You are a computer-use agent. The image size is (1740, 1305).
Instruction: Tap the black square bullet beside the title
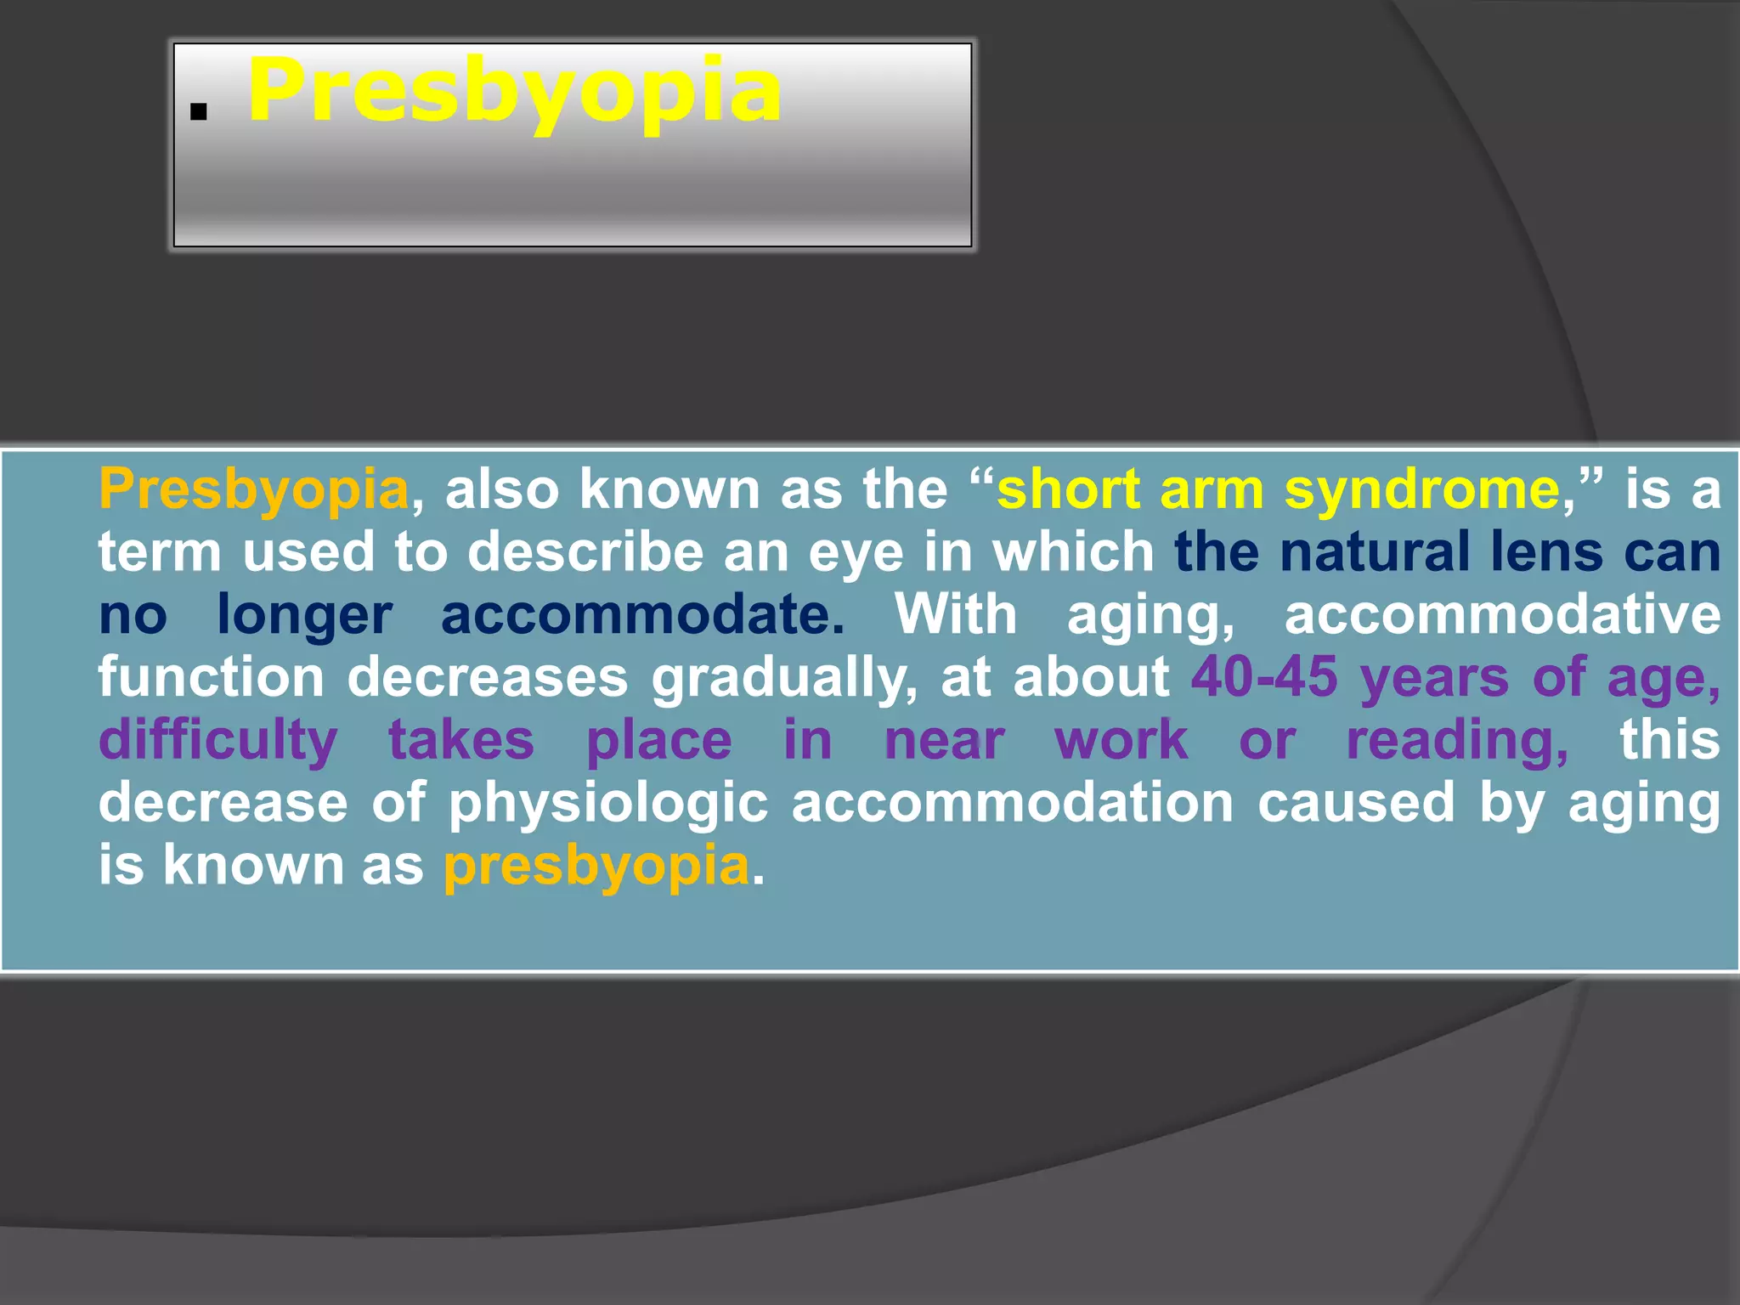[x=199, y=112]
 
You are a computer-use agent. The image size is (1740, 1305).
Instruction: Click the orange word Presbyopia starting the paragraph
[x=254, y=490]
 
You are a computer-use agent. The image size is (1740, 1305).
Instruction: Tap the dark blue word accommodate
[x=642, y=615]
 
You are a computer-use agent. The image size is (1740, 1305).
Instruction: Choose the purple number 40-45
[x=1264, y=678]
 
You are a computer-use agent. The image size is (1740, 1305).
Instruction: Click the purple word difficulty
[x=218, y=741]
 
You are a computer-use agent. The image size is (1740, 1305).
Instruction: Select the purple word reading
[x=1457, y=741]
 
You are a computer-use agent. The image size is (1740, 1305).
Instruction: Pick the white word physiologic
[x=608, y=803]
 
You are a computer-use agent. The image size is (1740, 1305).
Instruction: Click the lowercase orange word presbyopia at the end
[x=596, y=866]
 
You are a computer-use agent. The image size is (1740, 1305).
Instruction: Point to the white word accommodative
[x=1502, y=615]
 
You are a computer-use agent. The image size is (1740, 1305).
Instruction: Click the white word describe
[x=586, y=552]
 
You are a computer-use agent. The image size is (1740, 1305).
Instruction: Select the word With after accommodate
[x=956, y=615]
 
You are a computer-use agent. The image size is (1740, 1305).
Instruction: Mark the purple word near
[x=944, y=741]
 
